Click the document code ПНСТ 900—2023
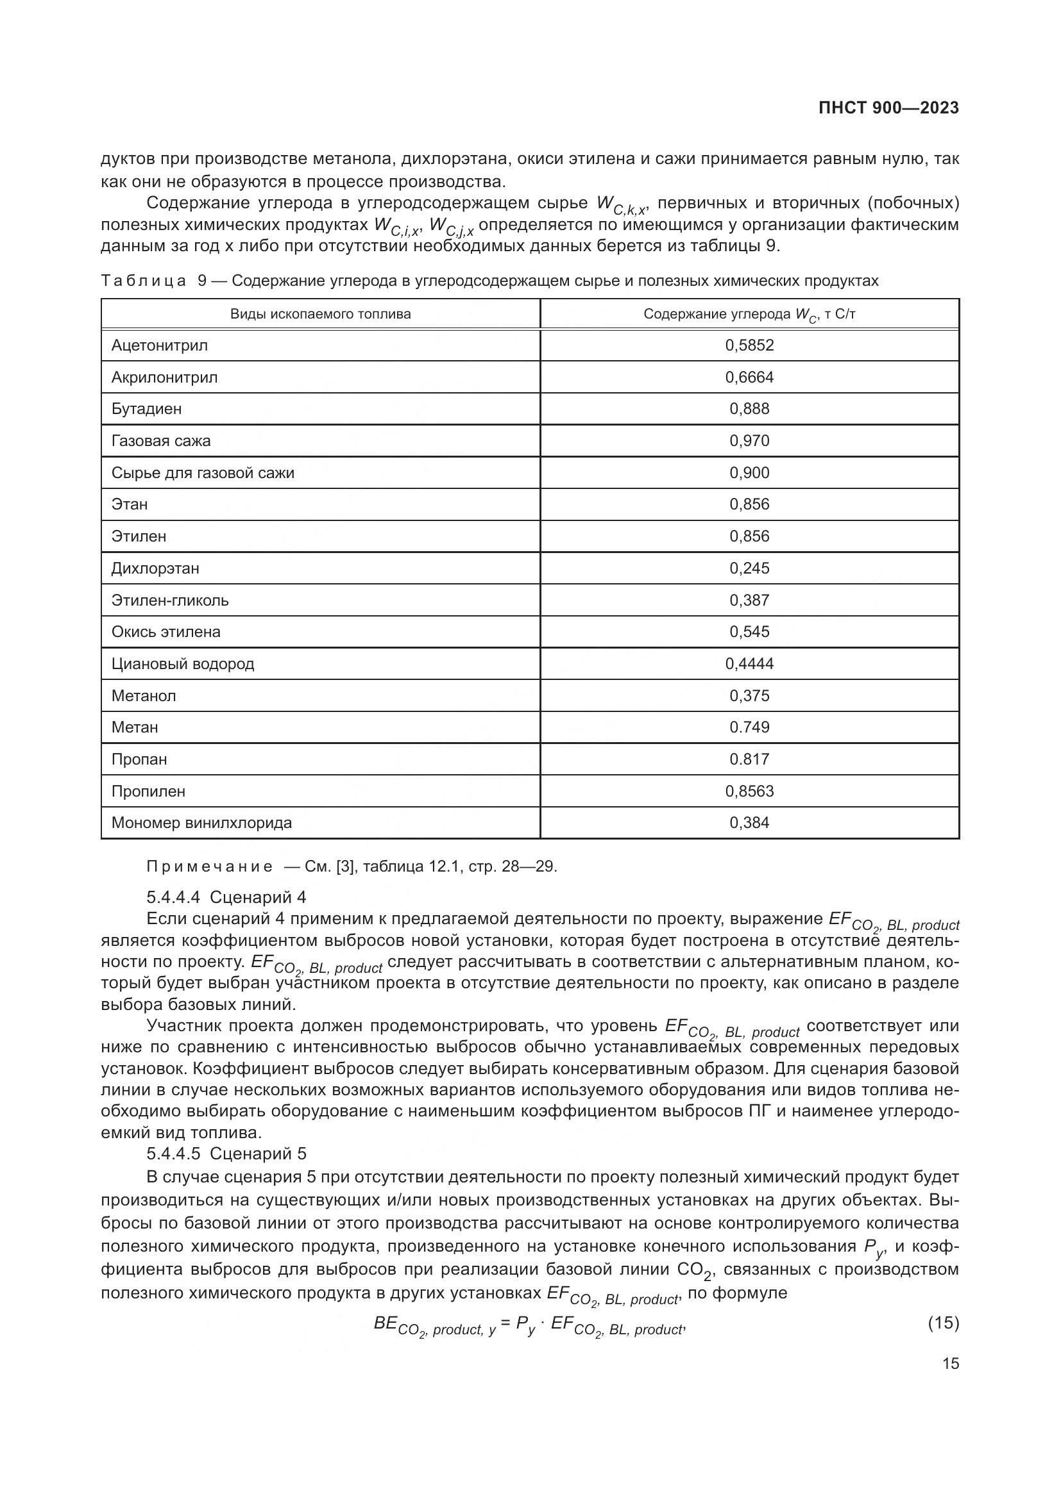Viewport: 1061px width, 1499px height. pyautogui.click(x=888, y=108)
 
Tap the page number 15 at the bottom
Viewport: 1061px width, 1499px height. pyautogui.click(x=951, y=1363)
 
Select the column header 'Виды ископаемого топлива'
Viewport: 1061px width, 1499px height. pyautogui.click(x=320, y=314)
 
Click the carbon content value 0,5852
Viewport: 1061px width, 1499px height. pyautogui.click(x=749, y=345)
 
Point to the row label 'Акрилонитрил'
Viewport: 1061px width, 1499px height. pyautogui.click(x=165, y=377)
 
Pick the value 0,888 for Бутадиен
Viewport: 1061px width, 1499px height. pyautogui.click(x=749, y=409)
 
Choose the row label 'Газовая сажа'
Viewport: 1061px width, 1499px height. pyautogui.click(x=161, y=441)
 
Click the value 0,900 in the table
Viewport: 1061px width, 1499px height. pyautogui.click(x=749, y=473)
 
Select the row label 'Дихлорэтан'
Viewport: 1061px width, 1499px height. pyautogui.click(x=155, y=568)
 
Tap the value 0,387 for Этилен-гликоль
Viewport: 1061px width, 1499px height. pyautogui.click(x=749, y=600)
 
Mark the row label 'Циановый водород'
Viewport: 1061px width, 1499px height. pyautogui.click(x=183, y=664)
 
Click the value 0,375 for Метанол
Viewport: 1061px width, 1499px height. pyautogui.click(x=749, y=695)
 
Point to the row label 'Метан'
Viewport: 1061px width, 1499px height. pyautogui.click(x=135, y=727)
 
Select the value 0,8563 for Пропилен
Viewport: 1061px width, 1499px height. pyautogui.click(x=749, y=791)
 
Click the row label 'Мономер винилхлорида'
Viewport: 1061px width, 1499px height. pyautogui.click(x=202, y=823)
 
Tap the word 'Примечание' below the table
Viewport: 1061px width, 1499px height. pyautogui.click(x=209, y=866)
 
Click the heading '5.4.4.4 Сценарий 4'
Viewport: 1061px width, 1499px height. pyautogui.click(x=226, y=897)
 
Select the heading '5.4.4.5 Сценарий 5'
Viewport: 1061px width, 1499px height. pyautogui.click(x=226, y=1154)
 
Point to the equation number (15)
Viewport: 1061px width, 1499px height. pyautogui.click(x=944, y=1323)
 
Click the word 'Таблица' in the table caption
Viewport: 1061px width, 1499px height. pyautogui.click(x=144, y=281)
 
